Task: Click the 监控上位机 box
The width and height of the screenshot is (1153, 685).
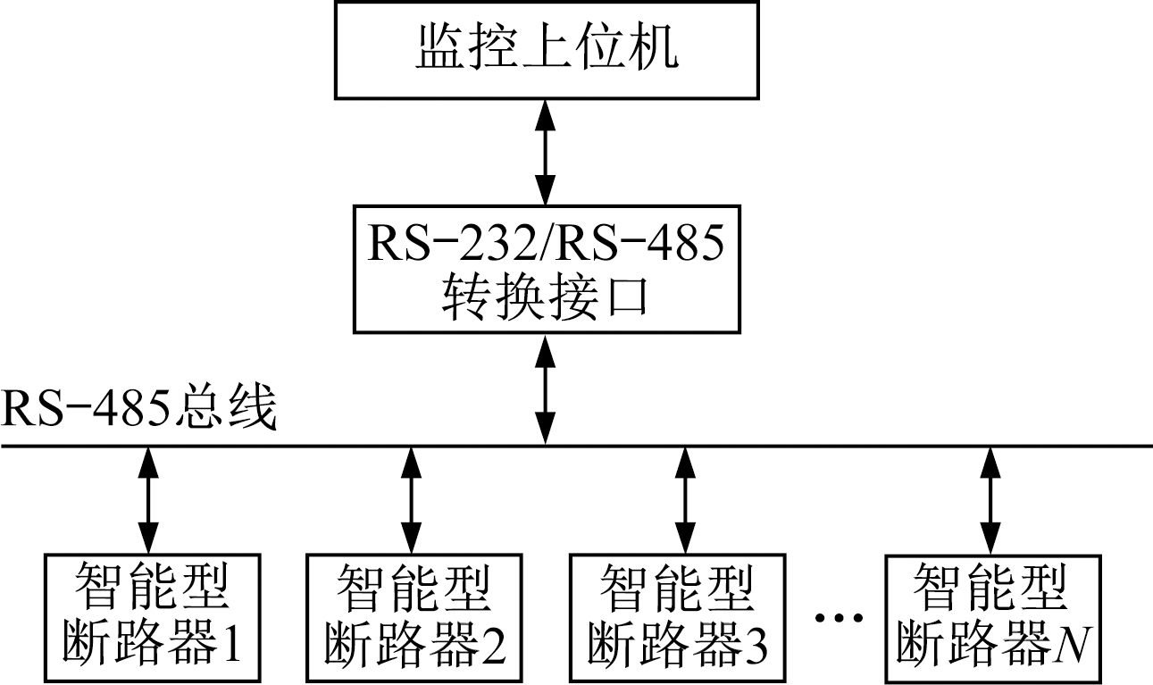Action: coord(547,49)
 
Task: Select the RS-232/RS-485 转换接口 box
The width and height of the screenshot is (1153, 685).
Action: coord(546,268)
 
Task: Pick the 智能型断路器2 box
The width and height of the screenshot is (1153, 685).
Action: coord(411,616)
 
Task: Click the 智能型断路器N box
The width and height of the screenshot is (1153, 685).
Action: coord(991,616)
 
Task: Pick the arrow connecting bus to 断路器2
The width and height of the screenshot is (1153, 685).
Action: coord(411,500)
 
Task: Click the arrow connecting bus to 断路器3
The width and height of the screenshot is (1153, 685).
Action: coord(684,500)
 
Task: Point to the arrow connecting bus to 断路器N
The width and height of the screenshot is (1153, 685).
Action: coord(990,500)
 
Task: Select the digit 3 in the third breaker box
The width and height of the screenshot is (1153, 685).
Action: coord(756,642)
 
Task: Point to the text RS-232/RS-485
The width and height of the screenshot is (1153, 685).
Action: coord(546,244)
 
